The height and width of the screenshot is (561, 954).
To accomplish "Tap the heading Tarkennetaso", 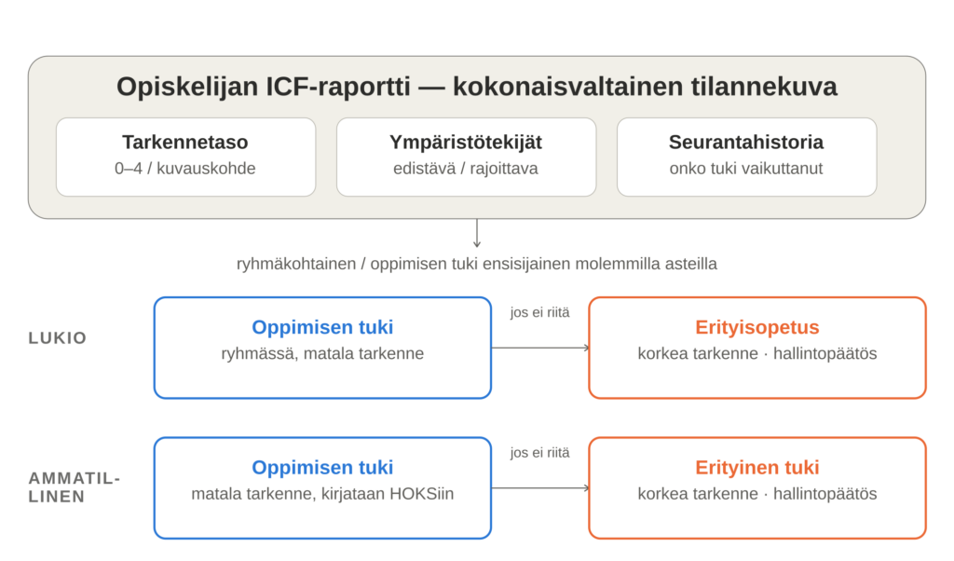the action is [x=185, y=142].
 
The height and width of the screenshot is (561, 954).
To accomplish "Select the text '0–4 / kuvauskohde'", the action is [x=185, y=169].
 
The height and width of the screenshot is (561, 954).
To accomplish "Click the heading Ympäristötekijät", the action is [x=466, y=143].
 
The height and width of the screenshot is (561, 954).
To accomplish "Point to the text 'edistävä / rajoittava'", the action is [x=466, y=169].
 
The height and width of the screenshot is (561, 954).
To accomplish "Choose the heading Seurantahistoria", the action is [x=746, y=142].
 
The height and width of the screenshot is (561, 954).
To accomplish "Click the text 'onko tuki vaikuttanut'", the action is [x=746, y=169].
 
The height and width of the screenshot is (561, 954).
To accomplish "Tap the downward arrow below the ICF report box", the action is [x=477, y=233].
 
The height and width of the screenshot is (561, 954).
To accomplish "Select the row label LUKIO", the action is [x=58, y=338].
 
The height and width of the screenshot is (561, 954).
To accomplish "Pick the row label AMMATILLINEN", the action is [x=75, y=487].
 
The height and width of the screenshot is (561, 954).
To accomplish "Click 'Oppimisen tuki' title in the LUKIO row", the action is [x=322, y=327].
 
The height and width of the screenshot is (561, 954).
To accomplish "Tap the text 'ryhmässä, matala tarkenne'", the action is [x=322, y=353].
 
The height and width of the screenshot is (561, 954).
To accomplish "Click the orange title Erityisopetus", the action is [x=757, y=327].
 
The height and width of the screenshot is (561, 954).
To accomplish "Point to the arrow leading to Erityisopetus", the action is [x=540, y=348].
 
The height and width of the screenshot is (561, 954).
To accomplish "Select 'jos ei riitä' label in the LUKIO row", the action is [x=540, y=313].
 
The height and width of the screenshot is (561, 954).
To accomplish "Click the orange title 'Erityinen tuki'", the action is [x=757, y=467].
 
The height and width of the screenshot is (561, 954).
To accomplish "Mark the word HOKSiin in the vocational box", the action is [x=422, y=494].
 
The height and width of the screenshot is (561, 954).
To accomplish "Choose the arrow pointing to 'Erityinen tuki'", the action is [x=540, y=488].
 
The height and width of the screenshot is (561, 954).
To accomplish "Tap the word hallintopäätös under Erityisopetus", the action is [x=825, y=353].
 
